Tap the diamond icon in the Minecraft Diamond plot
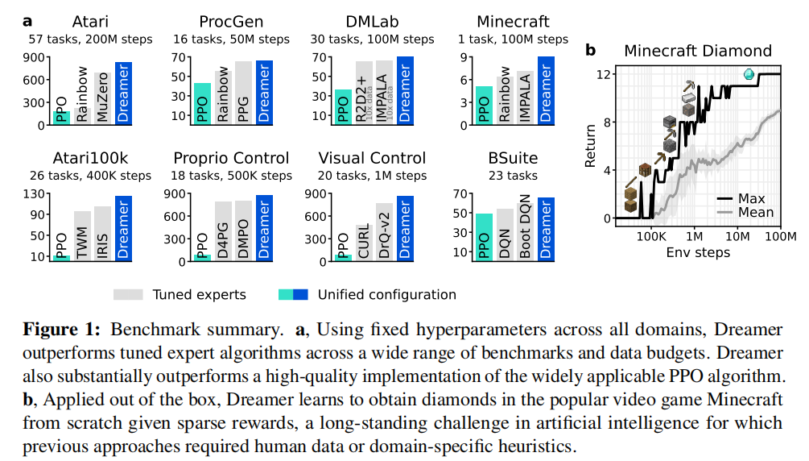point(749,75)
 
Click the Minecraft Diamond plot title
point(697,51)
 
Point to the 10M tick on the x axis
point(737,237)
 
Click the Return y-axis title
point(591,144)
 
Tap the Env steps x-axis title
point(697,252)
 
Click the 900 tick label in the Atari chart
point(35,57)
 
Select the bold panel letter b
point(590,50)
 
